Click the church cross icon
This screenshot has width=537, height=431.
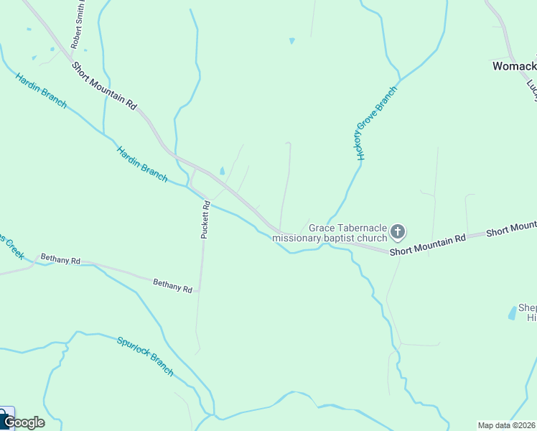point(398,232)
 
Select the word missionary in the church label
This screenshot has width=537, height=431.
point(299,238)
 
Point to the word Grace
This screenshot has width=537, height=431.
point(322,228)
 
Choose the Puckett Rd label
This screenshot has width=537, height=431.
point(205,219)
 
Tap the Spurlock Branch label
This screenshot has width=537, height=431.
point(145,356)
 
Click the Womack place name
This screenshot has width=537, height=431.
point(513,66)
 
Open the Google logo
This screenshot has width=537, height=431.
point(24,422)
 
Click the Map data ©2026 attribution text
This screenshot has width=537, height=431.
point(506,425)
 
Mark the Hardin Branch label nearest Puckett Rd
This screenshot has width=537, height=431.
point(142,162)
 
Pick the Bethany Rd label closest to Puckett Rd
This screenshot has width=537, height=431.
point(172,286)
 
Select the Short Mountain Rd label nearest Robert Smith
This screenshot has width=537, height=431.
point(104,85)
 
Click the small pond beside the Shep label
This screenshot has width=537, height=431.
point(513,312)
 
